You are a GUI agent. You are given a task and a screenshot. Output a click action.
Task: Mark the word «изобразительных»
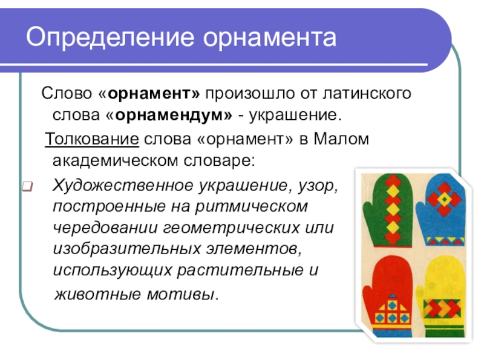click(117, 250)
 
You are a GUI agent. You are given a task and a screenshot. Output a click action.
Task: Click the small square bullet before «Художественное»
click(27, 185)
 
